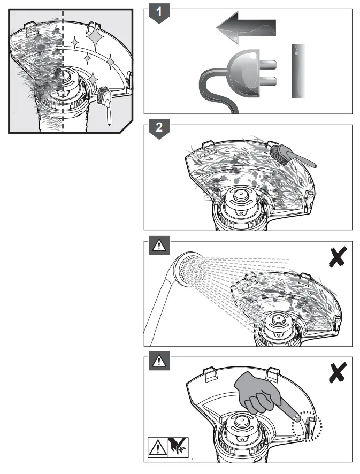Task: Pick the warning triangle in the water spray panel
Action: [159, 247]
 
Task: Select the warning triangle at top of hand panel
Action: [159, 362]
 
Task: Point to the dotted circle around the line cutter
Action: [306, 424]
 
